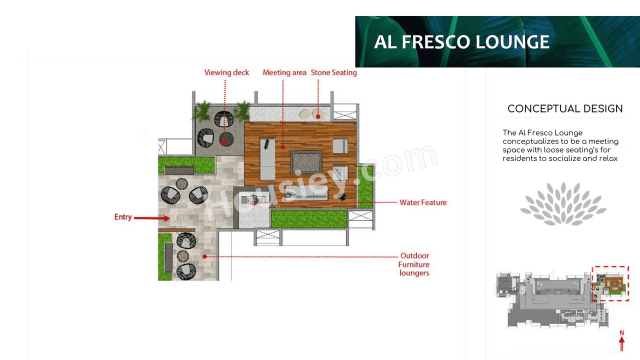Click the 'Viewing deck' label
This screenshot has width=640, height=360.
[x=226, y=72]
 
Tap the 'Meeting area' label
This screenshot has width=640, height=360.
[x=284, y=72]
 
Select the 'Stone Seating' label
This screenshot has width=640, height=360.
[x=334, y=72]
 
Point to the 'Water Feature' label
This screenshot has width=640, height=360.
[x=423, y=202]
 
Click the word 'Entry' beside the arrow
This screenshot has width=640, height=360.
[x=123, y=217]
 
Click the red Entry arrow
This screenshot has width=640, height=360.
[x=152, y=218]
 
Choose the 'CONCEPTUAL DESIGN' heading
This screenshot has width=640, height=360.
[x=565, y=108]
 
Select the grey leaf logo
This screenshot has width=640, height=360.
[x=563, y=204]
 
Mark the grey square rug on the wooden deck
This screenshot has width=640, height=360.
[x=306, y=162]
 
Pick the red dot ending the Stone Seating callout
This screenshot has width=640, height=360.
[x=318, y=116]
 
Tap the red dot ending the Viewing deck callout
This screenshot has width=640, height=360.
[x=224, y=142]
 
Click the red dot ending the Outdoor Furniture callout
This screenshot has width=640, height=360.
[x=204, y=256]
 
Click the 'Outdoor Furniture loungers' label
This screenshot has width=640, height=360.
[x=414, y=264]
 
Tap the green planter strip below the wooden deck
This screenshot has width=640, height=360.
[x=308, y=219]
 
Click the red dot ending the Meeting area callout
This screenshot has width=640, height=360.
[x=282, y=146]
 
